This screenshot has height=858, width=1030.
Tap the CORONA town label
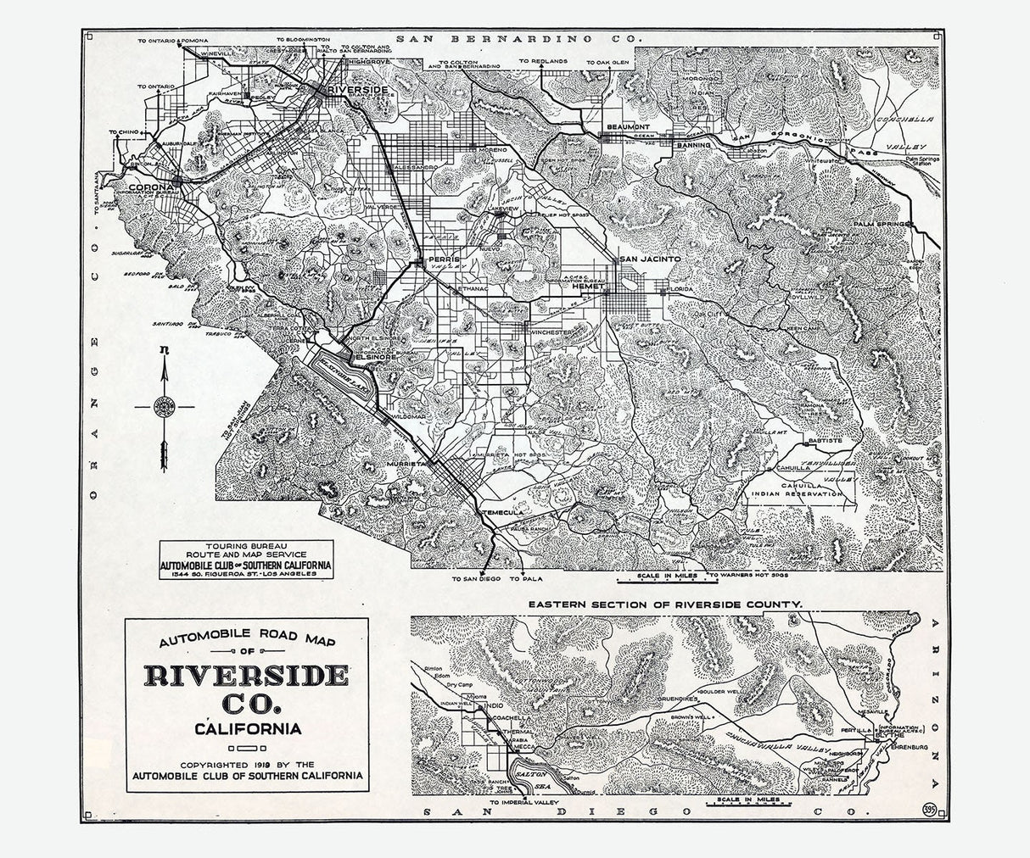tap(150, 187)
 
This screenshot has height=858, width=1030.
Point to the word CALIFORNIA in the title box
tap(246, 728)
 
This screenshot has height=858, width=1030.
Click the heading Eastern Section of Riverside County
tap(664, 604)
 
